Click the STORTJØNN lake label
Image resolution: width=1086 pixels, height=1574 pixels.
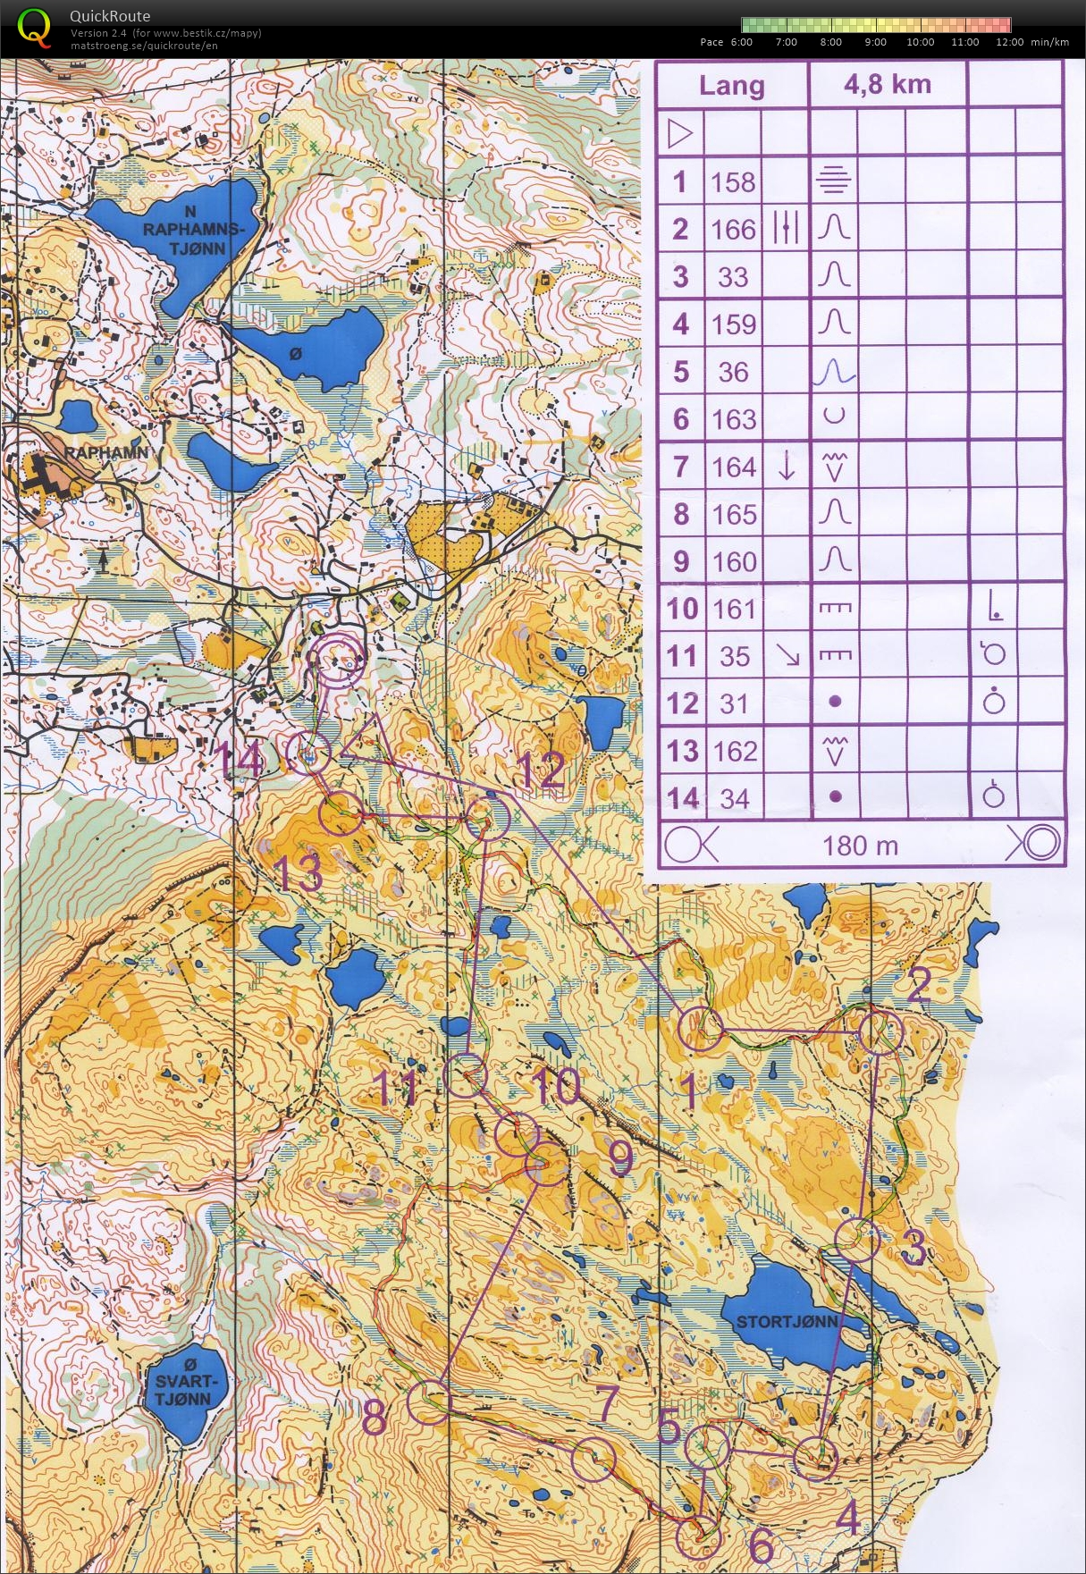point(787,1321)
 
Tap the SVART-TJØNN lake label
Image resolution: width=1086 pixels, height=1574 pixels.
point(182,1382)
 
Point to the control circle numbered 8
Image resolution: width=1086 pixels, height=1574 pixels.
point(430,1401)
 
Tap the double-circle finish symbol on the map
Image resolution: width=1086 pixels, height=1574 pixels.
point(336,661)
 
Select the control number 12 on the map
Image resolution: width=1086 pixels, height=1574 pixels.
point(540,770)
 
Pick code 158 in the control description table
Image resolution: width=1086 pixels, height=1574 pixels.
point(733,182)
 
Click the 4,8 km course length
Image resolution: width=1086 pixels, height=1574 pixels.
point(887,85)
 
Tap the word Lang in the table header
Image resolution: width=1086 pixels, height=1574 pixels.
point(731,86)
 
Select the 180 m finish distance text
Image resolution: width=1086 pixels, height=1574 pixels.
point(860,846)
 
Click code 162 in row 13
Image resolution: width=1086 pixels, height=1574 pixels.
point(735,751)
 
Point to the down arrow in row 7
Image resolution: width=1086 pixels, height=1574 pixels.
point(786,467)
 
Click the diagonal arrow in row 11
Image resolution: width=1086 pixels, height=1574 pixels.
point(787,655)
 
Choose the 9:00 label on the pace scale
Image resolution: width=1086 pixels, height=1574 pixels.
point(875,42)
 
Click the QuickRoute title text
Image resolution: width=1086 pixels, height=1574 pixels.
point(110,15)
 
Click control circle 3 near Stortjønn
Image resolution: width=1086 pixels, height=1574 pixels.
point(856,1240)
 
